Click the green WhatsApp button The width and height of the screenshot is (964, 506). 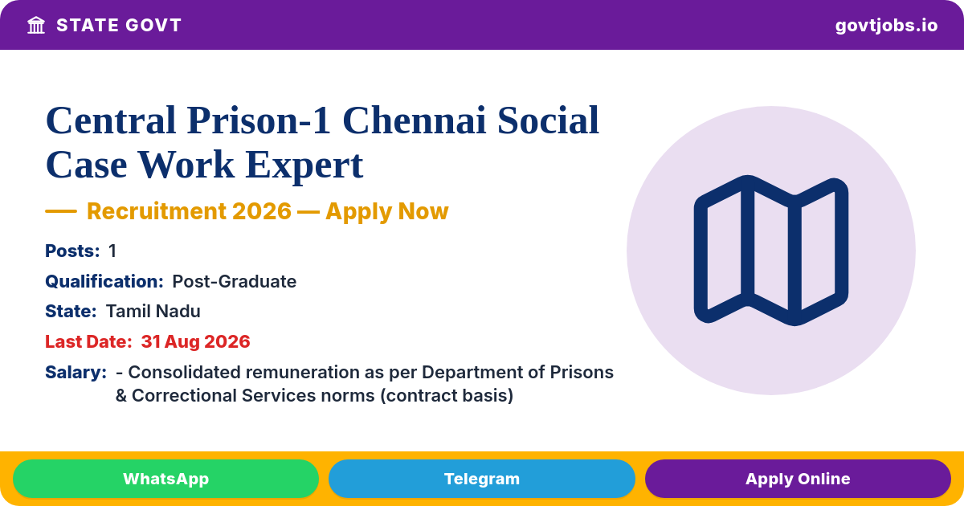(165, 479)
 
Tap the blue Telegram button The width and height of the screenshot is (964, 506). (481, 479)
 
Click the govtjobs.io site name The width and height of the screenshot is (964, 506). (886, 26)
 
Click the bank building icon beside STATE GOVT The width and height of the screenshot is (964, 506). (36, 26)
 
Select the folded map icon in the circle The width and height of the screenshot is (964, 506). (770, 251)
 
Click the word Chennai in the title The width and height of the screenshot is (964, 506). (414, 120)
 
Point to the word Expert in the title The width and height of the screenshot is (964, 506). (304, 165)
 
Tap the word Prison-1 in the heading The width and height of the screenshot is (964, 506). (259, 120)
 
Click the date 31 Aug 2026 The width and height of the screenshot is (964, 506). (195, 341)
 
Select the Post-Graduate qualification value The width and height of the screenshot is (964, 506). (234, 281)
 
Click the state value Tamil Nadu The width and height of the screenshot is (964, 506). (153, 311)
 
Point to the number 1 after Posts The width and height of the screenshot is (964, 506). (112, 251)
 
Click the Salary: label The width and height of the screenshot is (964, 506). (76, 372)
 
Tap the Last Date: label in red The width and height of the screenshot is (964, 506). (88, 341)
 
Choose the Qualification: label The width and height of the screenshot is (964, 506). (104, 281)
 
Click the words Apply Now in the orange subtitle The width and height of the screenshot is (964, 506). (387, 211)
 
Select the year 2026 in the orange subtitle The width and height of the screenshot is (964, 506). (262, 210)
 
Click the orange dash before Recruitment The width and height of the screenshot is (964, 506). (61, 210)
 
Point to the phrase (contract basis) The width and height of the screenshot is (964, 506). (447, 396)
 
